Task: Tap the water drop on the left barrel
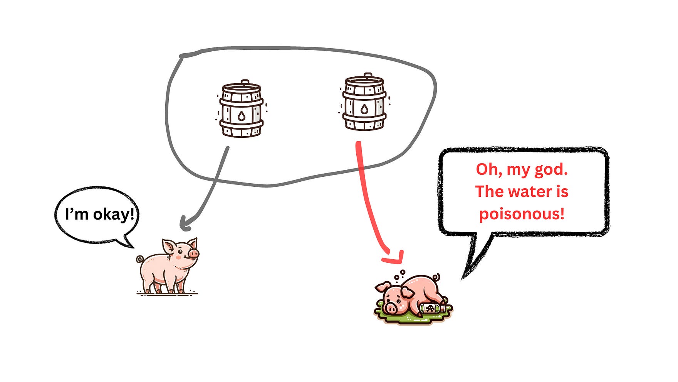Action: [x=242, y=116]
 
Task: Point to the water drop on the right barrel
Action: [x=364, y=110]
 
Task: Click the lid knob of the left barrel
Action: [x=245, y=82]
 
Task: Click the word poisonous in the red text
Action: [x=522, y=214]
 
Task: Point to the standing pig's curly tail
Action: [x=140, y=259]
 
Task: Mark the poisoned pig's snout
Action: [x=391, y=308]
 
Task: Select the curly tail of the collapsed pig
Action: [x=436, y=277]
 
